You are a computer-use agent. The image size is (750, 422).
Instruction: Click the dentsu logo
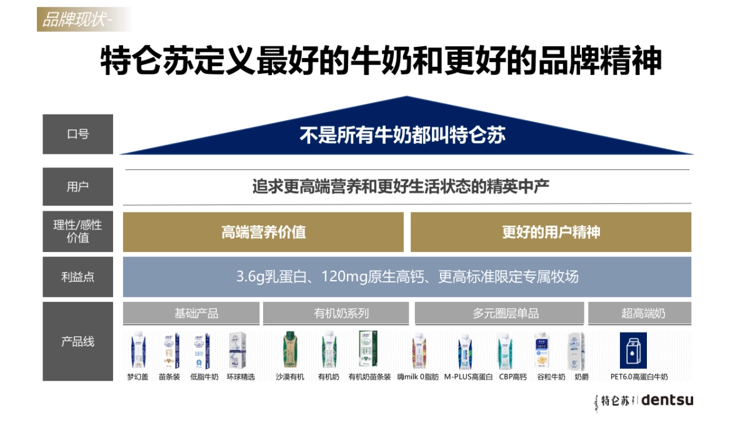(x=667, y=400)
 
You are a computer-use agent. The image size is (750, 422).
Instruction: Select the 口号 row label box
(x=77, y=134)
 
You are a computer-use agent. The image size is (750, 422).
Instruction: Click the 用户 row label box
(x=77, y=186)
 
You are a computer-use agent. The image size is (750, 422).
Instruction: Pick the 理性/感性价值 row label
(x=77, y=231)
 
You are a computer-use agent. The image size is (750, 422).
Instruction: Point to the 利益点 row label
(x=77, y=276)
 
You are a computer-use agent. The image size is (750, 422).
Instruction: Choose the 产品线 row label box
(x=77, y=341)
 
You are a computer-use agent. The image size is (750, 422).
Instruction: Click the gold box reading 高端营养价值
(x=263, y=232)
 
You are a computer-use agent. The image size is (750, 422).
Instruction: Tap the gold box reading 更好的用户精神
(x=551, y=232)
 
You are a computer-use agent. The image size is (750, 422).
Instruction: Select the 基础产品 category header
(x=191, y=313)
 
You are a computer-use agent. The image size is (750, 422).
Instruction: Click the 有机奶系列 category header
(x=336, y=313)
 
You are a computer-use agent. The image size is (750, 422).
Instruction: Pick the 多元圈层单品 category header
(x=499, y=313)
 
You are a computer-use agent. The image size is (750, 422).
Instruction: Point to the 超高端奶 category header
(x=639, y=313)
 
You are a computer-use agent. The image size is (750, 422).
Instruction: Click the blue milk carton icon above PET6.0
(x=633, y=350)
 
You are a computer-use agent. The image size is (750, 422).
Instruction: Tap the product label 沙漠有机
(x=290, y=377)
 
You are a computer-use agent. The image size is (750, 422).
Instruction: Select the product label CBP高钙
(x=512, y=377)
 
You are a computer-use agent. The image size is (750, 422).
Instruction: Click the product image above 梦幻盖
(x=137, y=350)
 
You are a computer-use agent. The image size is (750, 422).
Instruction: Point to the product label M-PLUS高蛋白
(x=468, y=377)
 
